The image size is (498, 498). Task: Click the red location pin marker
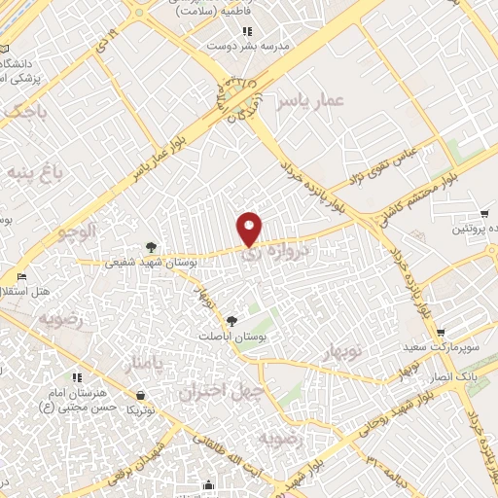(250, 228)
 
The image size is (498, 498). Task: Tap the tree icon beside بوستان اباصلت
(231, 320)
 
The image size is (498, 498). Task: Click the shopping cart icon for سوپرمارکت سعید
(440, 332)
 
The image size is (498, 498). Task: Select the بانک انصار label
(450, 374)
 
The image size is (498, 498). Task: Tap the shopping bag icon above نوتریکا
(142, 395)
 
